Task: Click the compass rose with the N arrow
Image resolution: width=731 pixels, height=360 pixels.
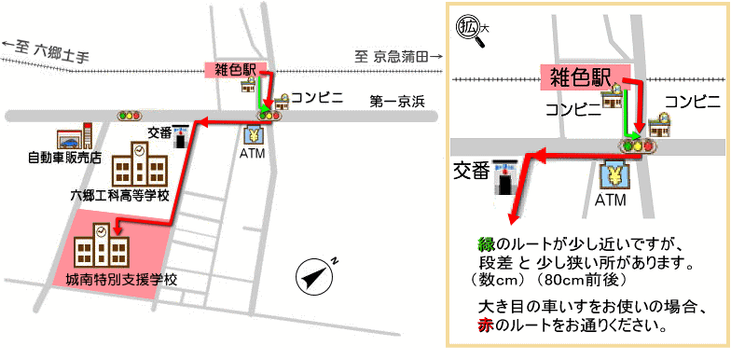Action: point(316,276)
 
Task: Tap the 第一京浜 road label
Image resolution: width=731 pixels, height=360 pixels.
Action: point(396,100)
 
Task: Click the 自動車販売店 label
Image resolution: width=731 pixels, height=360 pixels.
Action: point(64,157)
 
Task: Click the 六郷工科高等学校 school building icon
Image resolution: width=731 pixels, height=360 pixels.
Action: point(140,165)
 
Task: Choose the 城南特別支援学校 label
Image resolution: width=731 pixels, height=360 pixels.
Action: point(121,279)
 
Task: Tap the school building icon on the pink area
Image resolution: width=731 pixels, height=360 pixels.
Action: point(101,245)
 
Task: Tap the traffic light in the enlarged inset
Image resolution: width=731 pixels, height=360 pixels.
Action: point(637,145)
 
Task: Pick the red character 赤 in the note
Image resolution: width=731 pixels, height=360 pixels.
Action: point(484,326)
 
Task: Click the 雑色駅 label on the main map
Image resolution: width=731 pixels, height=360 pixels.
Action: point(234,71)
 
